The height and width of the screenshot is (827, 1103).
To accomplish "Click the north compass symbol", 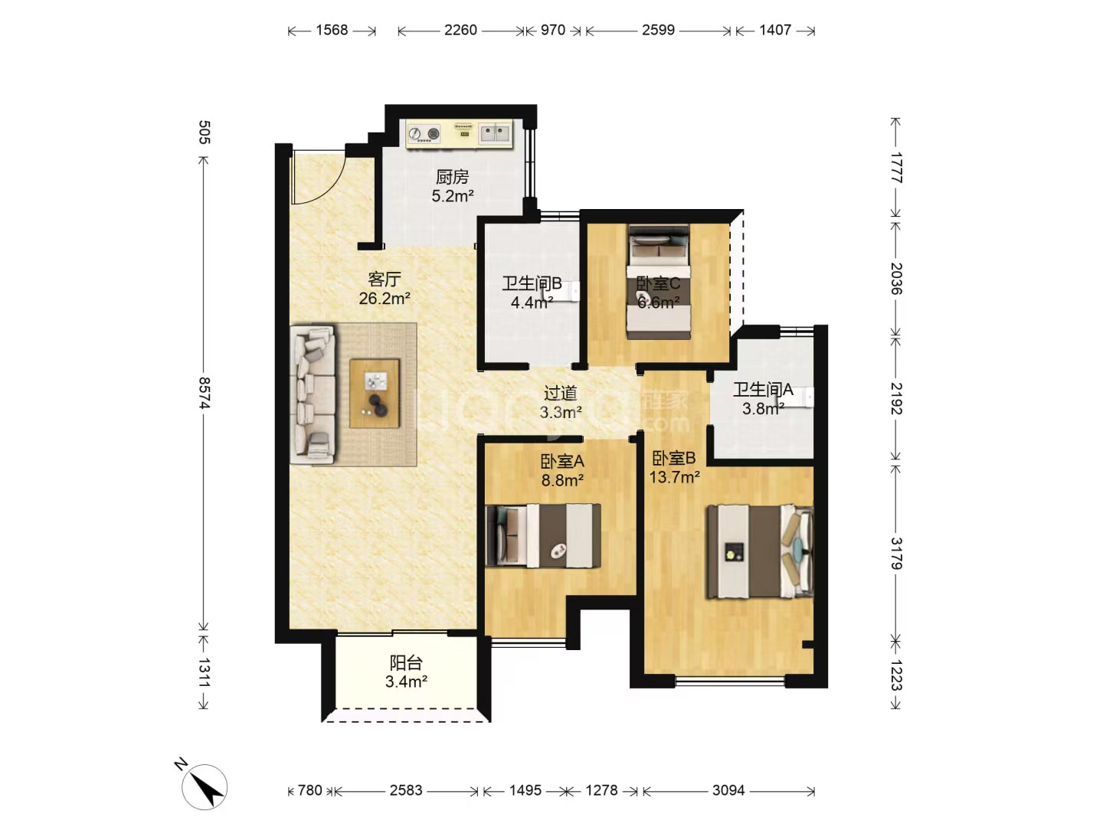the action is coord(205,787).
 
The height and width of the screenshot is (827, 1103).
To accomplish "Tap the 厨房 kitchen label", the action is coord(452,177).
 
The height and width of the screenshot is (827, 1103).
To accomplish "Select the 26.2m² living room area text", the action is coord(385,299).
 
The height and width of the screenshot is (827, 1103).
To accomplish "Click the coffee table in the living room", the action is coord(375,393).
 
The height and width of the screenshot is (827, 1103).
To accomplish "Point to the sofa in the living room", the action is coord(313,394).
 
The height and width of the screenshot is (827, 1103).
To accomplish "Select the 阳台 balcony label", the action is coord(406,663).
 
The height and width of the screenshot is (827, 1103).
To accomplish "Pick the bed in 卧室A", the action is coord(543,536).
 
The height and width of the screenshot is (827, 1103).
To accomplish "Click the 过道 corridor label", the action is coord(561,393).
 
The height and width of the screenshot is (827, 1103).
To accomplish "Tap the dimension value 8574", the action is coord(204,393).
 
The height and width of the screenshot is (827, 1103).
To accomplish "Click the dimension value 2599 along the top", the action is coord(658,30).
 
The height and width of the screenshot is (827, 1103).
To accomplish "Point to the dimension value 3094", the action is coord(728,789).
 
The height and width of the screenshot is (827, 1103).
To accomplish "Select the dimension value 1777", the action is coord(896,168).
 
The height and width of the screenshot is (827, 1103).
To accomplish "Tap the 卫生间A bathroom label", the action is coord(763,389).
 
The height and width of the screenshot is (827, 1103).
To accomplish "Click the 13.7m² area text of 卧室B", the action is coord(674,476).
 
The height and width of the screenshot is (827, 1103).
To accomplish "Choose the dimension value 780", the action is coord(309,789).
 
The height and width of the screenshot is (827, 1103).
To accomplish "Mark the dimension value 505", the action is coord(204,132).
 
